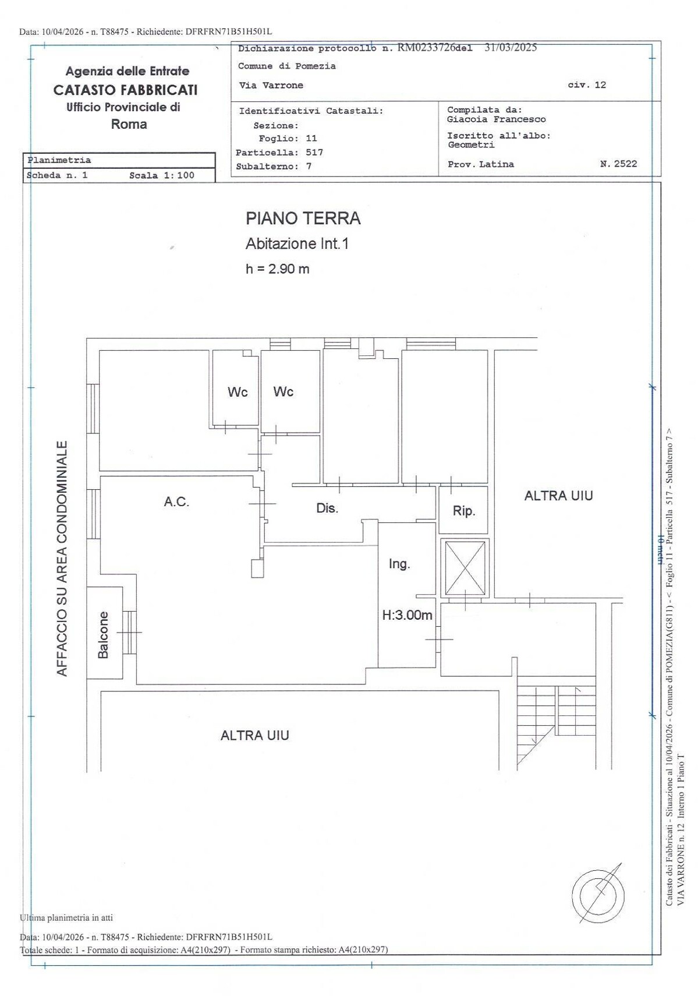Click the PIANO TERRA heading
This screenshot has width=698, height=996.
pos(303,218)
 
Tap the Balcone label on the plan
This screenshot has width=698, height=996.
pos(103,635)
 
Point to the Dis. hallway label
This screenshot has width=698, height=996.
pos(327,508)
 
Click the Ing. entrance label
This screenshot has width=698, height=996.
pos(399,564)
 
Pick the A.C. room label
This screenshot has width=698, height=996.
pos(176,502)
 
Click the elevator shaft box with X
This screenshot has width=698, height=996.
pos(465,568)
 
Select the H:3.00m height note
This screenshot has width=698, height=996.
pos(407,616)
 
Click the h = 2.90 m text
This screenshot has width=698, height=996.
pos(277,269)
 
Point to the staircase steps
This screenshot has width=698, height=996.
pos(557,723)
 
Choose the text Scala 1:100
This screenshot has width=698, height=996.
pos(162,176)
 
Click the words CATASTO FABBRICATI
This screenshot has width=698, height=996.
pos(125,90)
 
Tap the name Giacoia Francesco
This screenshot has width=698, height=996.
pos(497,119)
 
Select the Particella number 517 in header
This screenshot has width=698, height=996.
pos(314,153)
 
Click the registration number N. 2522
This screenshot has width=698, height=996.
pos(618,164)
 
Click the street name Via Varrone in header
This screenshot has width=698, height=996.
pos(271,86)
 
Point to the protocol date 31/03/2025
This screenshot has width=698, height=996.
pos(511,48)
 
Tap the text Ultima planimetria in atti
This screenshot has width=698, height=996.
pos(66,917)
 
